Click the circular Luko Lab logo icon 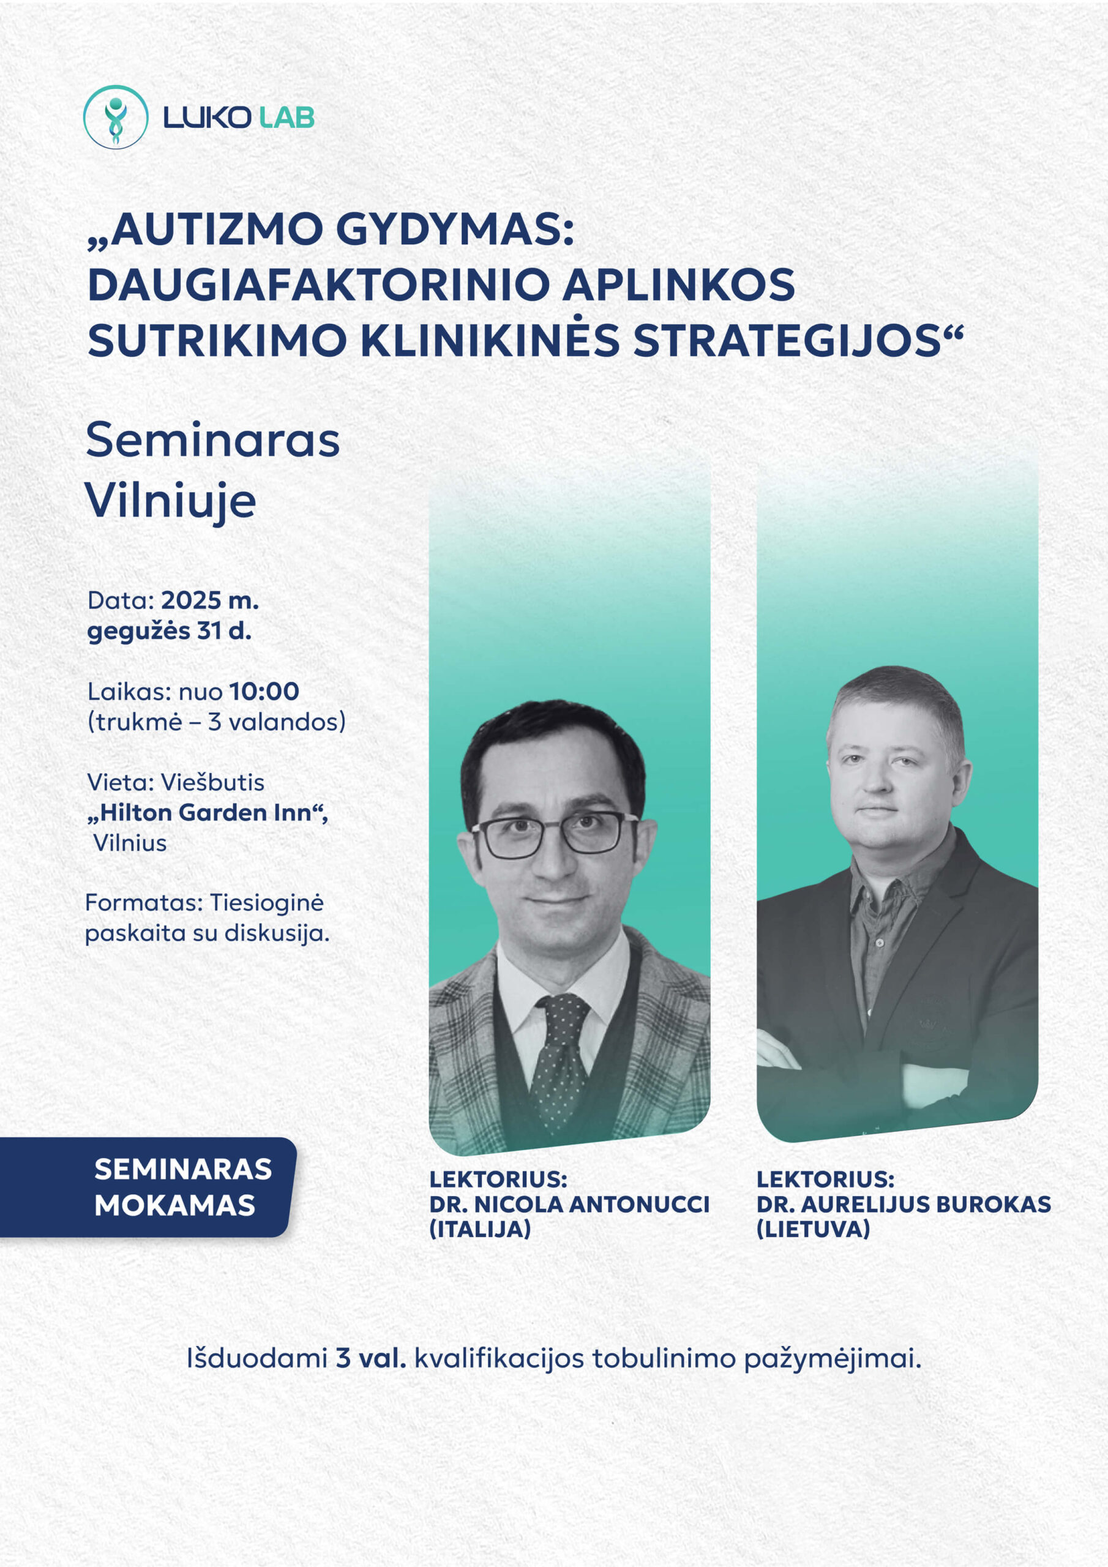pyautogui.click(x=115, y=118)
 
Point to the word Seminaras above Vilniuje pyautogui.click(x=213, y=440)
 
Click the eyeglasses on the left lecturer pyautogui.click(x=555, y=834)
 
